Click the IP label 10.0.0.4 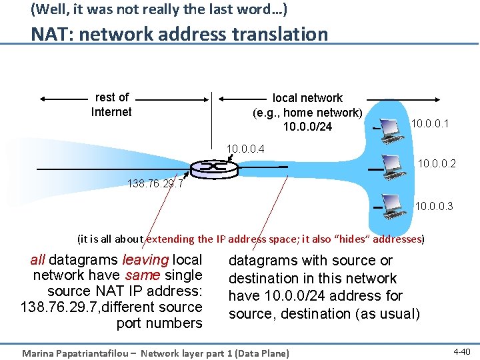pyautogui.click(x=245, y=148)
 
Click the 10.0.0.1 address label pyautogui.click(x=430, y=123)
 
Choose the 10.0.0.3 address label pyautogui.click(x=434, y=207)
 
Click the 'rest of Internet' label pyautogui.click(x=111, y=105)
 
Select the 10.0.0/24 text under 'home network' pyautogui.click(x=307, y=127)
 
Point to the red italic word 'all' pyautogui.click(x=38, y=259)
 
